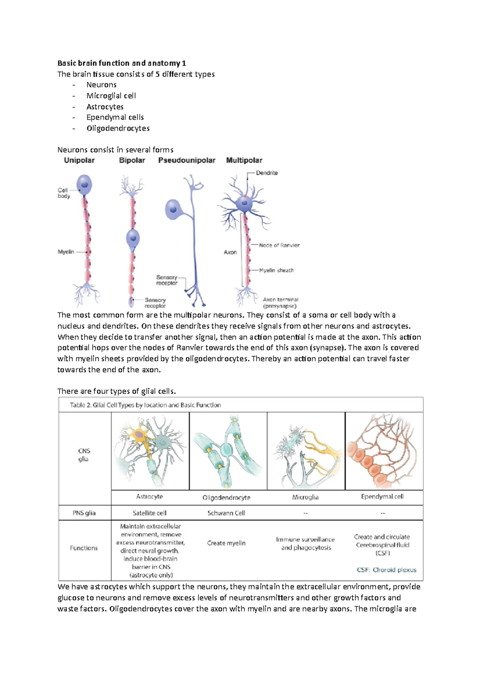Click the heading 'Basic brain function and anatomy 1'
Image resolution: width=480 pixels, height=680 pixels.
click(122, 63)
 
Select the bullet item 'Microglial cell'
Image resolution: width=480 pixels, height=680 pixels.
click(111, 96)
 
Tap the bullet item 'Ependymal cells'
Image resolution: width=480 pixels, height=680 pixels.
click(115, 117)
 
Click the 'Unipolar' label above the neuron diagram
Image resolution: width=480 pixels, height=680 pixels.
click(79, 160)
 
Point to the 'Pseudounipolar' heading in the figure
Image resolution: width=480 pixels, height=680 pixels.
click(187, 160)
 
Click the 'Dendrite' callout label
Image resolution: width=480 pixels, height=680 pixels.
click(267, 173)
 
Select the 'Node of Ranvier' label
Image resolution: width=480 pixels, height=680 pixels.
click(279, 245)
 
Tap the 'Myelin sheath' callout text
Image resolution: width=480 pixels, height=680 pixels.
click(276, 270)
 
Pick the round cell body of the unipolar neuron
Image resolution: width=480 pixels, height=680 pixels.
click(84, 185)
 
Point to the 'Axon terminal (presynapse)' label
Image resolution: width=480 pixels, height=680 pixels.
click(280, 303)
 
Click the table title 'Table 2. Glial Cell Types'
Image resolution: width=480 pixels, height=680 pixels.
click(145, 405)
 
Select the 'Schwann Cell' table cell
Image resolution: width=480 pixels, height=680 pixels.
click(226, 513)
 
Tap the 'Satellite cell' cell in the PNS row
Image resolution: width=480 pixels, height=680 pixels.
click(150, 513)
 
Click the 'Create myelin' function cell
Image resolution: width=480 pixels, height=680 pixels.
click(226, 543)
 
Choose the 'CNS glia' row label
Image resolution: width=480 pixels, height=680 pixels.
click(84, 455)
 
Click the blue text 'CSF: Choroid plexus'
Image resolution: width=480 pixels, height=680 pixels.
click(386, 570)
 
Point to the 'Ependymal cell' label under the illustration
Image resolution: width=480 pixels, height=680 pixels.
click(382, 497)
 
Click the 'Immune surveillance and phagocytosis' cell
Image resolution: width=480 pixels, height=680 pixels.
click(306, 543)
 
